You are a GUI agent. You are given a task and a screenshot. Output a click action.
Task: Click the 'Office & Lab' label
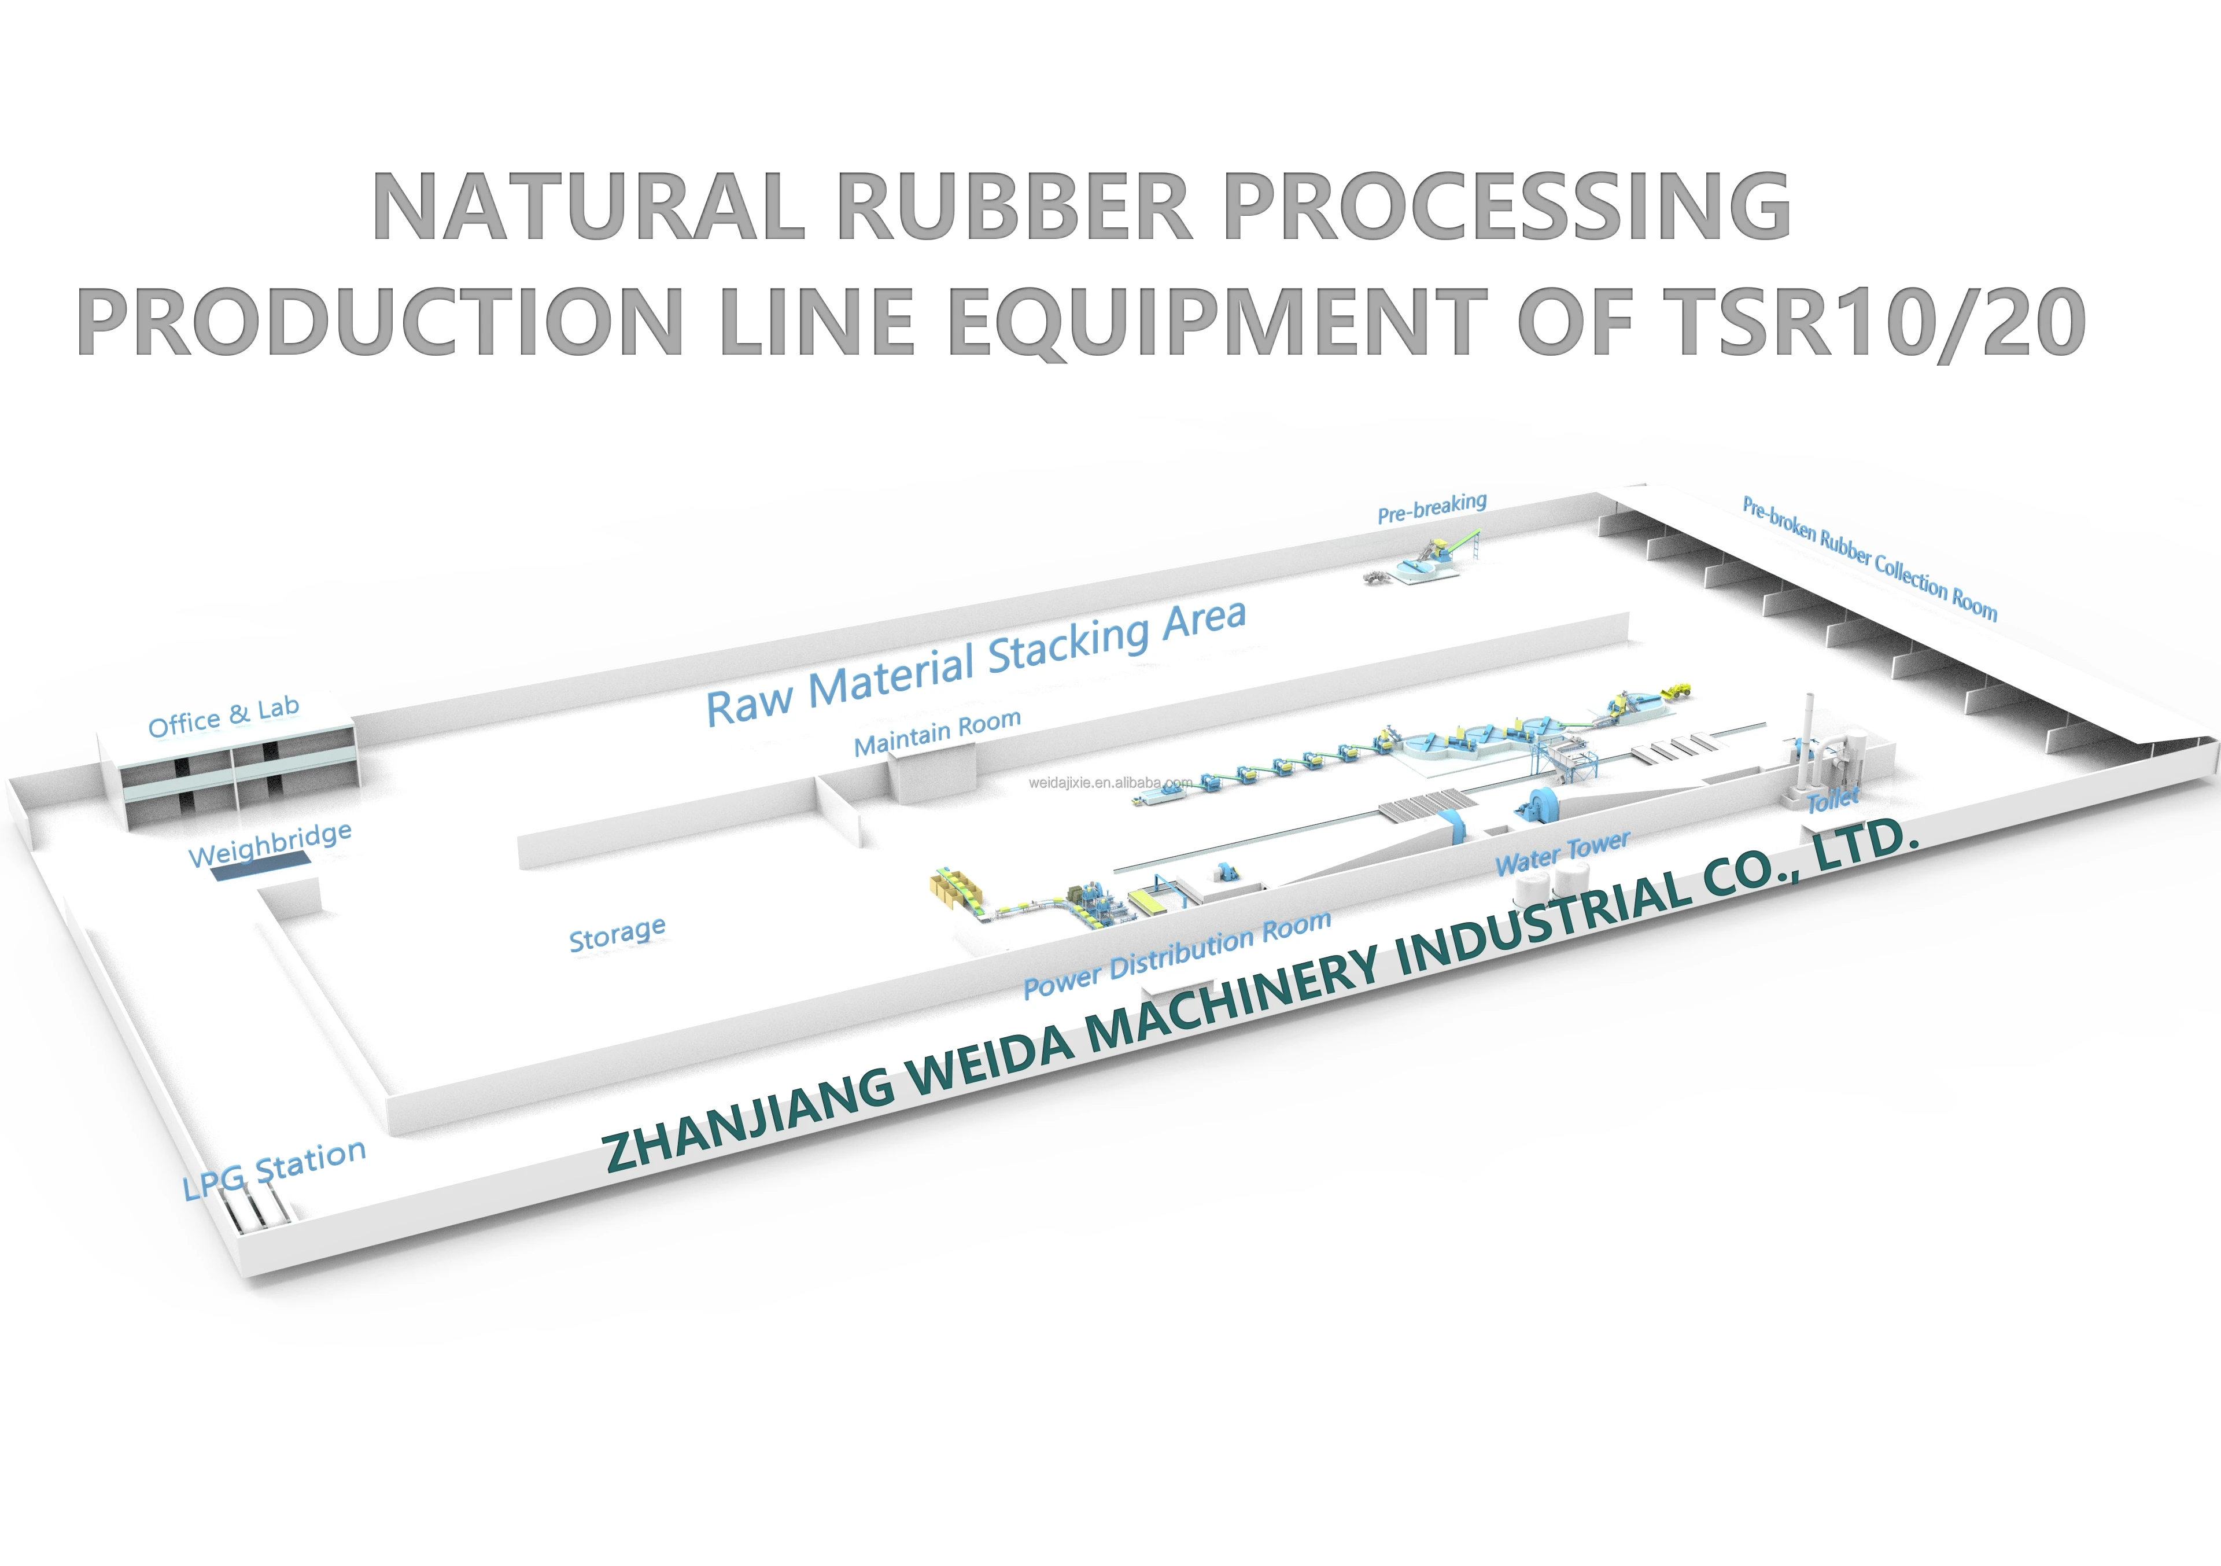click(x=223, y=717)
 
